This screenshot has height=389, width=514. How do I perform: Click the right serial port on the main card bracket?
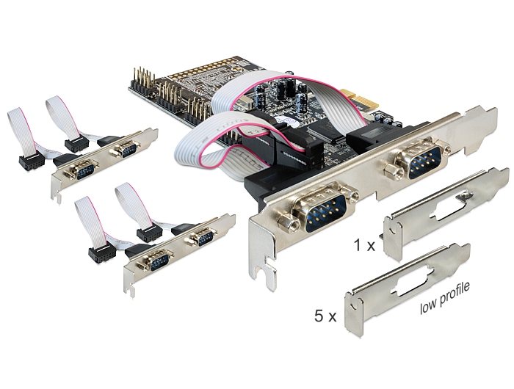pyautogui.click(x=415, y=158)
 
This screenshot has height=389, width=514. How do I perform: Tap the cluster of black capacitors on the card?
pyautogui.click(x=286, y=95)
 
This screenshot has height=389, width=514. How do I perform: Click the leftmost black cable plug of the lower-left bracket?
pyautogui.click(x=98, y=254)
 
